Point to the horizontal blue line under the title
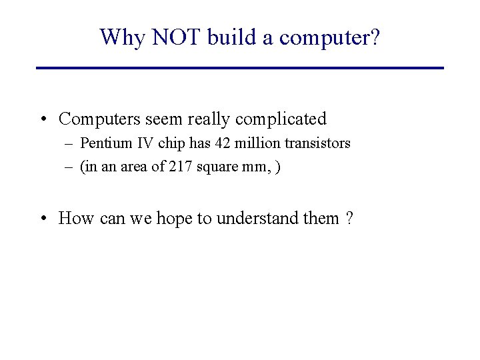click(240, 68)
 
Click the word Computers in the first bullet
click(96, 119)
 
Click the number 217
click(179, 167)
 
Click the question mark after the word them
click(349, 218)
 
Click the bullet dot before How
click(43, 218)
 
